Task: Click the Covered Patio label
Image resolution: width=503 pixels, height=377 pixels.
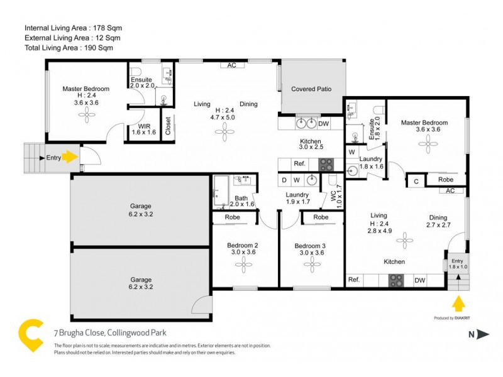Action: tap(311, 89)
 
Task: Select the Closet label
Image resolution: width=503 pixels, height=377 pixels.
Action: tap(167, 126)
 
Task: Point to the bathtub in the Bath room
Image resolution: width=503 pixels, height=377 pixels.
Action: tap(221, 191)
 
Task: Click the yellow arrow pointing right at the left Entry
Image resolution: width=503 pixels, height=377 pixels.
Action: tap(69, 158)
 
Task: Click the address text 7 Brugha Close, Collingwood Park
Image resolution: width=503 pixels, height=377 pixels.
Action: tap(108, 333)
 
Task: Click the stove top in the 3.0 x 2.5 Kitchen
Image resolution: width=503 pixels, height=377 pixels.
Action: tap(326, 165)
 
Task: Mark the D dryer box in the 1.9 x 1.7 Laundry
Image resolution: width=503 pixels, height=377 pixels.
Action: tap(285, 180)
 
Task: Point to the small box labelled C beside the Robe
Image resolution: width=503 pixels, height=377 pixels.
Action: tap(415, 181)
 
